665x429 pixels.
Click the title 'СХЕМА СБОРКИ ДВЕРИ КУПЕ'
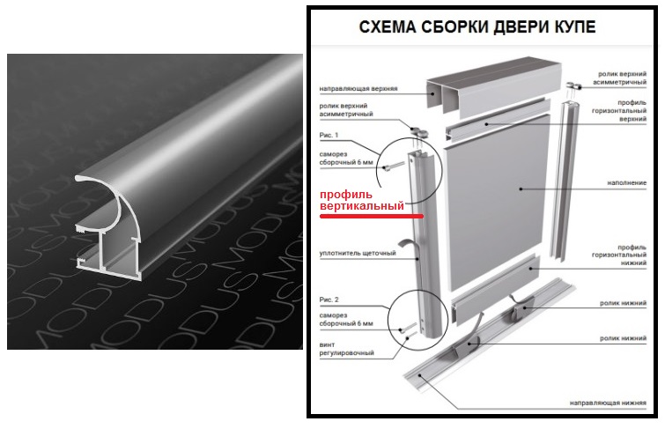(x=477, y=26)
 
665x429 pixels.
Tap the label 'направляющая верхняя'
(x=358, y=89)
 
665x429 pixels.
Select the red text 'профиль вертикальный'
(x=362, y=200)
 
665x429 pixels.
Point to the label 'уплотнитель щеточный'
(x=358, y=254)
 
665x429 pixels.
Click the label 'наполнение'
(x=627, y=183)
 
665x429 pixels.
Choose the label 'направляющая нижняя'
(x=608, y=403)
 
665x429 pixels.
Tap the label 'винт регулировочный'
(x=346, y=349)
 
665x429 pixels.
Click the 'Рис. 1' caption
(x=329, y=135)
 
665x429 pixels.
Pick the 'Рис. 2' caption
(x=329, y=300)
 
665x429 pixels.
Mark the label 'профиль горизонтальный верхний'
(x=619, y=111)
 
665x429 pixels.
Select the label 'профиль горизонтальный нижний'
(x=619, y=255)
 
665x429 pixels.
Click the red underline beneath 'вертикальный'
(x=372, y=217)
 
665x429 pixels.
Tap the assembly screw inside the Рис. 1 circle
(x=393, y=166)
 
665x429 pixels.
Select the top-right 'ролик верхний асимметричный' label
(x=619, y=78)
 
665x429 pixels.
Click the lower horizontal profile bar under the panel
(x=496, y=292)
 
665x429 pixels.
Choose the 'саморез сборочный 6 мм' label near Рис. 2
(x=346, y=320)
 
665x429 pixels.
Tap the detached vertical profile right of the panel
(x=564, y=181)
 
